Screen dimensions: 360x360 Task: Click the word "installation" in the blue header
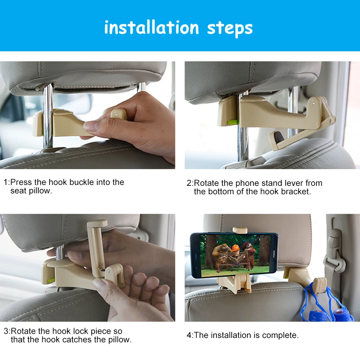point(152,27)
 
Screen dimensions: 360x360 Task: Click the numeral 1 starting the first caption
point(6,182)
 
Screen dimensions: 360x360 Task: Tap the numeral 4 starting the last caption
point(189,335)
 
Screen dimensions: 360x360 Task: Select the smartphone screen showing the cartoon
point(234,256)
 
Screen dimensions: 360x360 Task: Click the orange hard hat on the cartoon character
point(235,248)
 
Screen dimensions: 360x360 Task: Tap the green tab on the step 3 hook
point(51,280)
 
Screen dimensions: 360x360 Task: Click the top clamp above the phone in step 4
point(240,230)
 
